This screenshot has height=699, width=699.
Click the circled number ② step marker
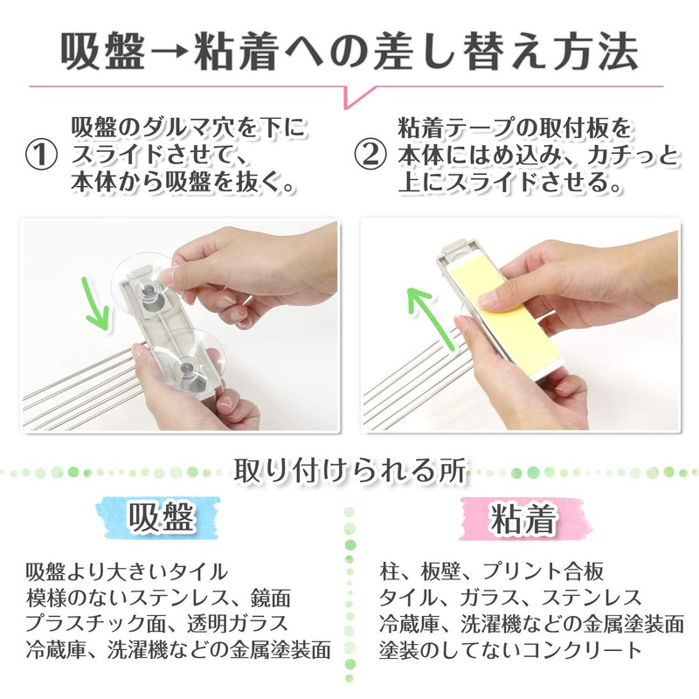(x=369, y=156)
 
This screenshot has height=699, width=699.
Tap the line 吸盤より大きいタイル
(x=128, y=572)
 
